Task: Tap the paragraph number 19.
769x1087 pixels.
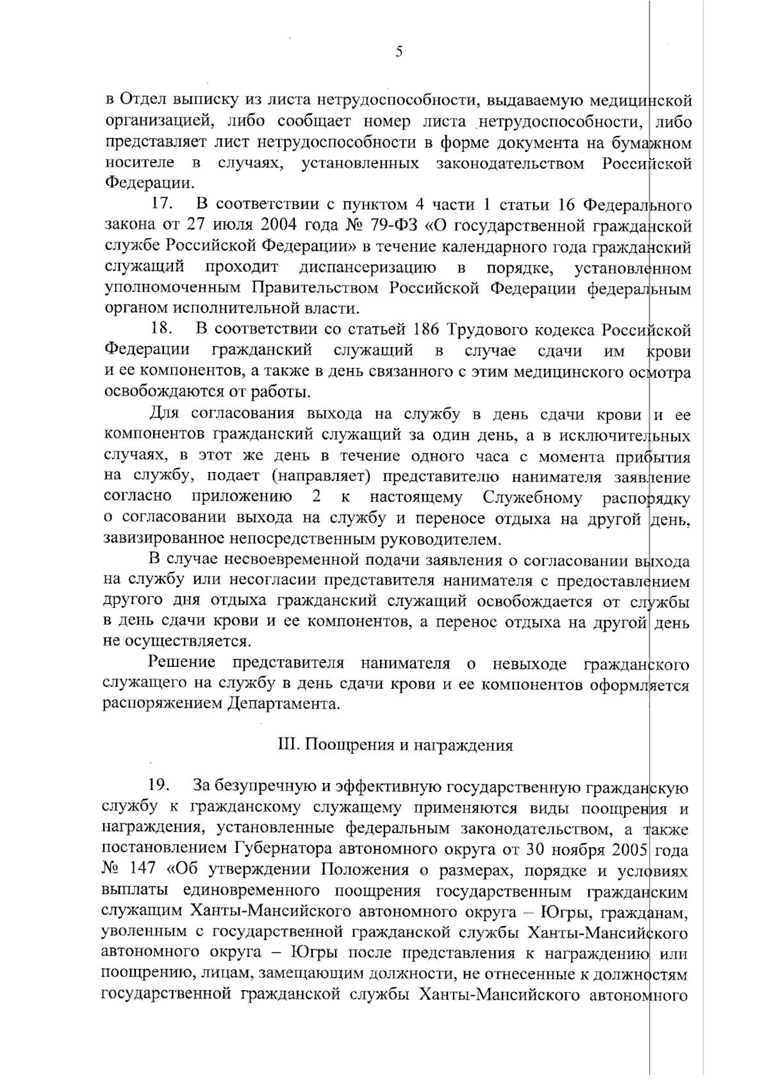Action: tap(159, 785)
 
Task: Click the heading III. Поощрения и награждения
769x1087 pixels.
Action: tap(395, 745)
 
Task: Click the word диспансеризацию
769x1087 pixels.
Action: tap(368, 267)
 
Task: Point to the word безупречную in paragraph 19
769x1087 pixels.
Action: tap(261, 785)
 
